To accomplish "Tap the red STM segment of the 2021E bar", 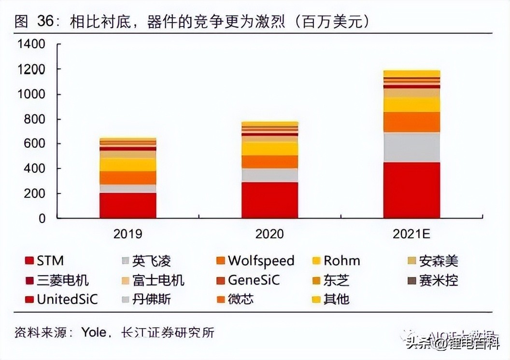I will pyautogui.click(x=411, y=190).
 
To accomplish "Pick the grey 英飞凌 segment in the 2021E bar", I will pyautogui.click(x=411, y=147).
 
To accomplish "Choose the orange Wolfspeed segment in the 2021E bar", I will pyautogui.click(x=411, y=122).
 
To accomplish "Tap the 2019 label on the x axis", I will pyautogui.click(x=128, y=234).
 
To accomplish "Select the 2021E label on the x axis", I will pyautogui.click(x=411, y=234).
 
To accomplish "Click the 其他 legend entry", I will pyautogui.click(x=336, y=299).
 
